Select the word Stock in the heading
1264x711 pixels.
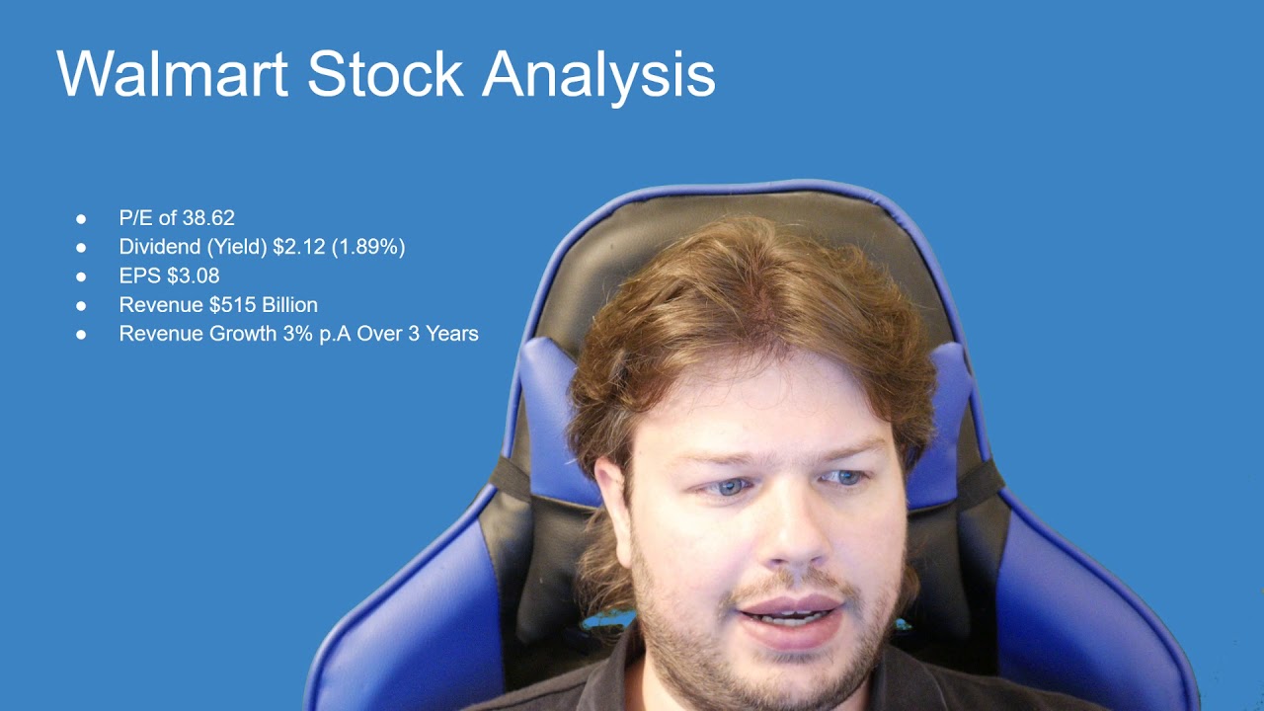385,73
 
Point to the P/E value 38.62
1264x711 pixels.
208,218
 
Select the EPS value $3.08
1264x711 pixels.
194,276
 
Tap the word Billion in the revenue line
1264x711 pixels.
289,305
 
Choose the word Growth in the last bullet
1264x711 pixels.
238,334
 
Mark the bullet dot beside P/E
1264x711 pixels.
81,218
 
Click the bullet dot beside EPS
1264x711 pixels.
81,276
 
